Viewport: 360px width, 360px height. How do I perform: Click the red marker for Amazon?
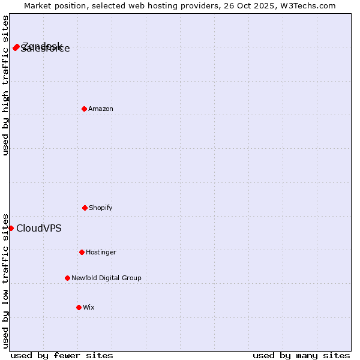pos(84,109)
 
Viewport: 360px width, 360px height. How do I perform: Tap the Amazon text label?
pos(101,109)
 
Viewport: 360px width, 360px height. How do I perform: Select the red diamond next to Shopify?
pos(85,208)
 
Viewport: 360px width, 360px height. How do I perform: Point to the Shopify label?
pos(101,208)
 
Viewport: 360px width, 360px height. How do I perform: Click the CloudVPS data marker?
pos(11,228)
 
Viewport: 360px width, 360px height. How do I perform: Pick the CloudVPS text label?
pos(38,228)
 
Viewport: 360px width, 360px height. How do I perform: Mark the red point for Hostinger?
pos(82,252)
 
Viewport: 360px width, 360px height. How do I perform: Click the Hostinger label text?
pos(101,253)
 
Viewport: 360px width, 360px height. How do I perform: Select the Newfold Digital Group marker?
pos(67,278)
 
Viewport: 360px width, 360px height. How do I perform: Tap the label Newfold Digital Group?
pos(106,278)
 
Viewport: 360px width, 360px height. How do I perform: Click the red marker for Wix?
pos(79,307)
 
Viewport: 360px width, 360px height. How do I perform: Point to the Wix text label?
pos(89,308)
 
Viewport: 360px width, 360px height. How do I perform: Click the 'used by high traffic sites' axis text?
pos(5,85)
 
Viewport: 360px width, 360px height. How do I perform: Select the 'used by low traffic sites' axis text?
pos(5,281)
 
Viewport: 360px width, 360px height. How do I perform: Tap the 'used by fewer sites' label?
pos(62,356)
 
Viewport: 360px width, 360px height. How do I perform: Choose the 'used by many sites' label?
pos(301,356)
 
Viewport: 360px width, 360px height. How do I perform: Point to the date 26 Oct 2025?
pos(250,5)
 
